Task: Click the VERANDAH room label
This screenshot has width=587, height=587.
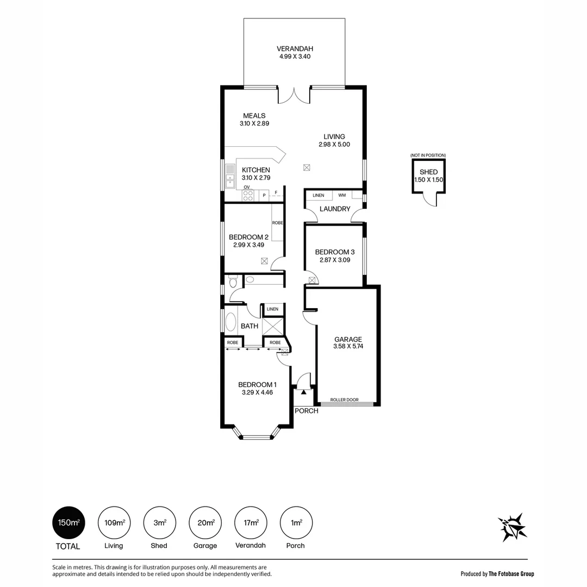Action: (295, 49)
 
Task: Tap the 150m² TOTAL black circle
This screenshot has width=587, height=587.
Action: (68, 523)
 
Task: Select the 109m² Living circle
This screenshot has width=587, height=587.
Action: (114, 523)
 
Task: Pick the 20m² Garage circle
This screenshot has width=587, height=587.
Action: (205, 523)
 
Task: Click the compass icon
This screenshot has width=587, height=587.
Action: (512, 527)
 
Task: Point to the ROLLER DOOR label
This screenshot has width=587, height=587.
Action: (345, 400)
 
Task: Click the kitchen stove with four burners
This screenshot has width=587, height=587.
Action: (248, 196)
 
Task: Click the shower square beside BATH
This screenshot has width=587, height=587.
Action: (273, 326)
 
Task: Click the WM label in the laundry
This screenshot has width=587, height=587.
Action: (342, 195)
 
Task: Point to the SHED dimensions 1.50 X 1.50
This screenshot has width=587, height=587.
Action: (429, 180)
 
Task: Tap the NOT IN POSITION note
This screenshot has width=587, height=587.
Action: (428, 155)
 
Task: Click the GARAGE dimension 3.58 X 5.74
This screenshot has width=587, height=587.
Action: (348, 346)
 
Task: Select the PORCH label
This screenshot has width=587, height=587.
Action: (307, 411)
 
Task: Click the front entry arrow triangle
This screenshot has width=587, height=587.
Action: (304, 392)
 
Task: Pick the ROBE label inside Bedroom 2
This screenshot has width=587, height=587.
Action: (277, 223)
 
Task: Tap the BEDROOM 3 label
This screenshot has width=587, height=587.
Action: (335, 252)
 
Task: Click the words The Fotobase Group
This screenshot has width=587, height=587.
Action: (511, 573)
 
